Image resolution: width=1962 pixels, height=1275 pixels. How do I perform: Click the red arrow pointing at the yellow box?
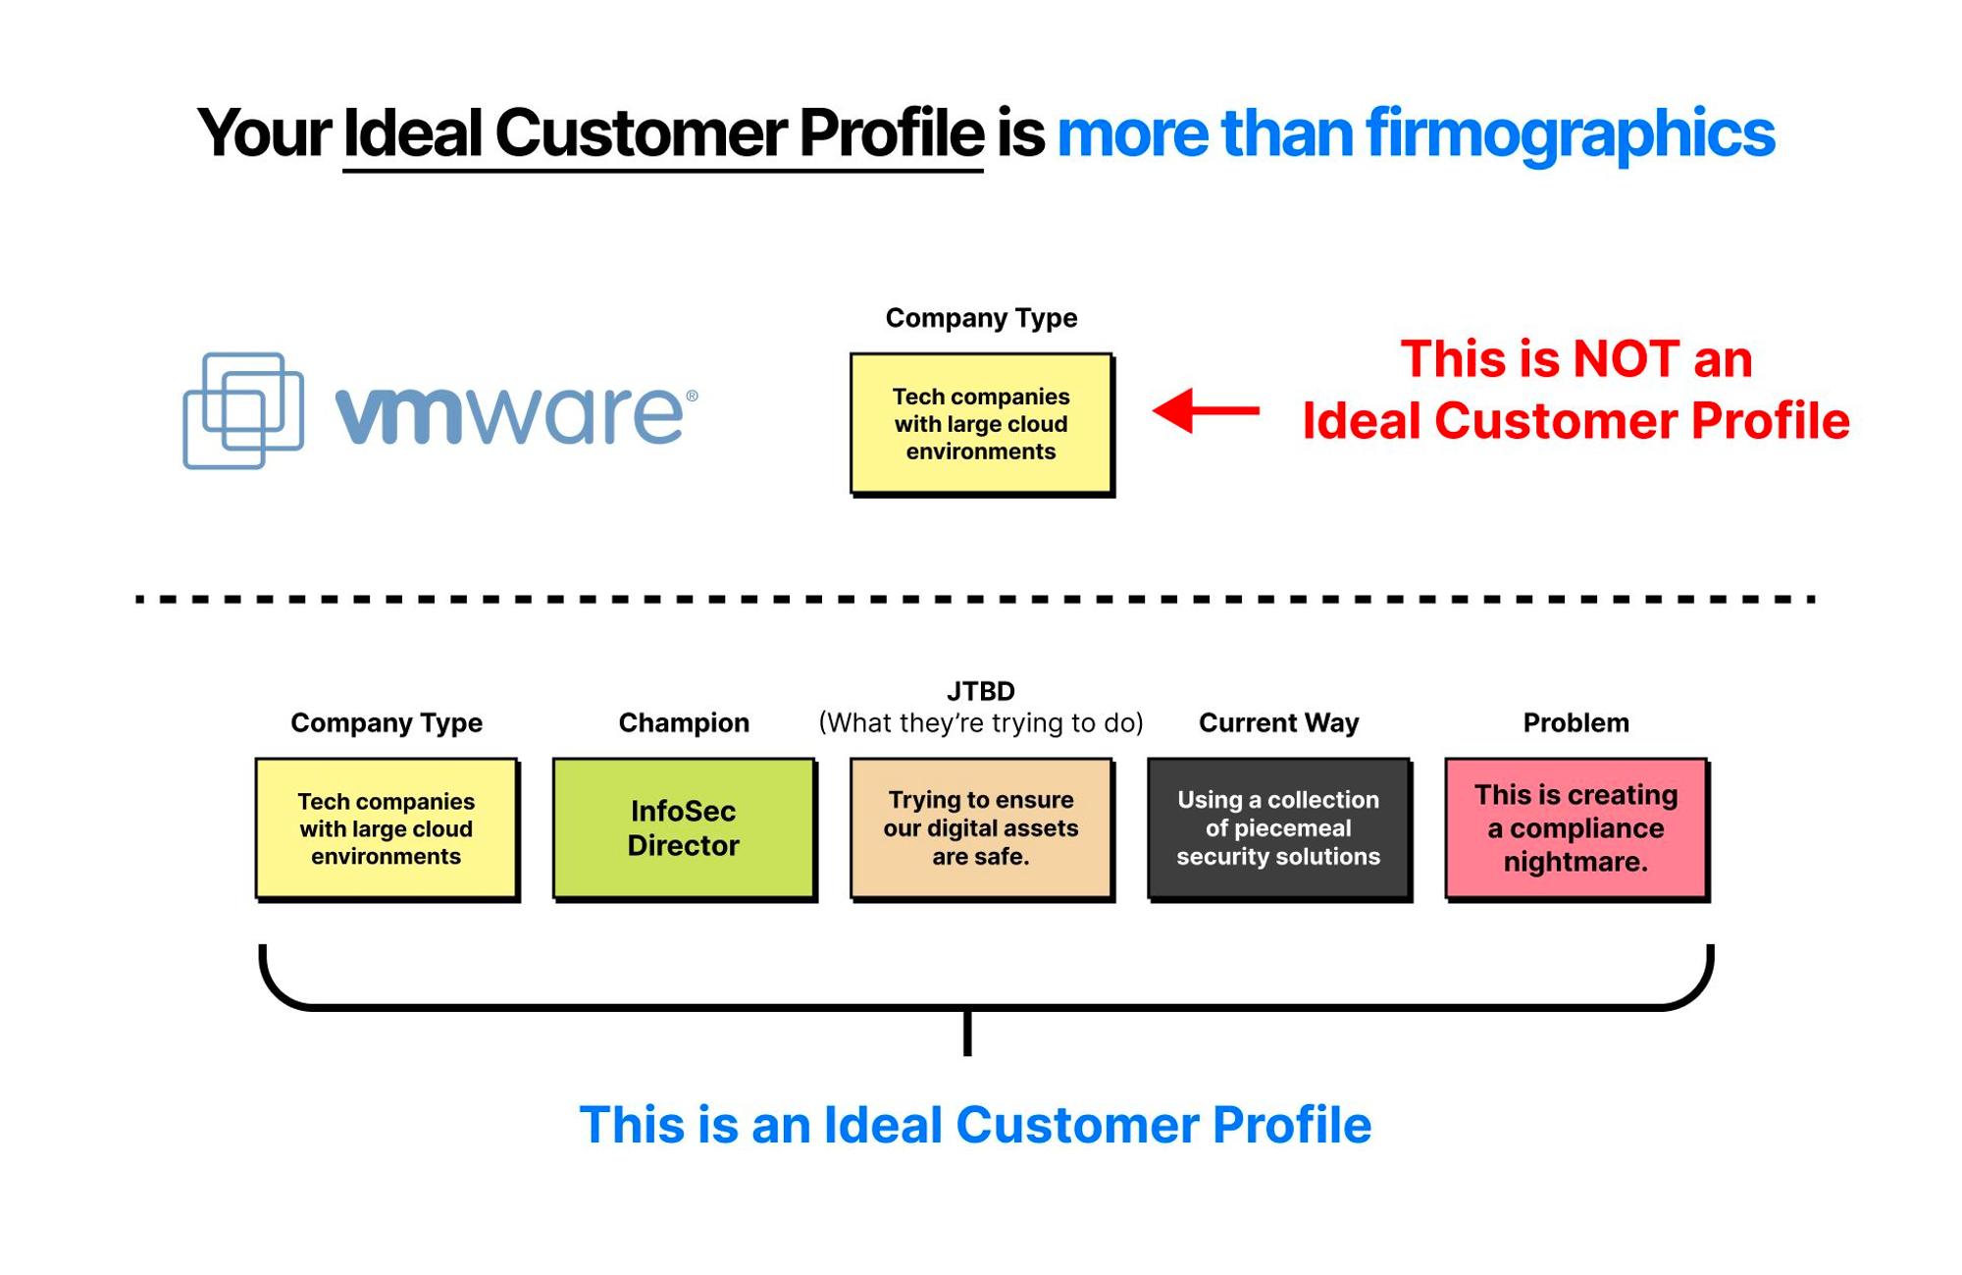(1206, 410)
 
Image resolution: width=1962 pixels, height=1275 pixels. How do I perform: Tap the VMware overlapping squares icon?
(243, 410)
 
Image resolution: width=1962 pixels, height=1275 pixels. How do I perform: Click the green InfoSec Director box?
(685, 828)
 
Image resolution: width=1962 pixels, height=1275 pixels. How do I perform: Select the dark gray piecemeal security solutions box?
(1279, 828)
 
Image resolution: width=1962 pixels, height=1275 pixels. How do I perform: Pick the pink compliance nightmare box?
(1576, 828)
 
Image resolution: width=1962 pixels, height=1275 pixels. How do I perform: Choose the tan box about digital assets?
(982, 828)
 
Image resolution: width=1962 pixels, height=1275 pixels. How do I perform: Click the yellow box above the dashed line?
(982, 424)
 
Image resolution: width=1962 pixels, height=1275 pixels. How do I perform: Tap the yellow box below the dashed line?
(387, 828)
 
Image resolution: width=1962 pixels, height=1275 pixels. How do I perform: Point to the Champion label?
(684, 723)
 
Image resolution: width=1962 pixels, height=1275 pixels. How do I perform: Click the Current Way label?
(1279, 723)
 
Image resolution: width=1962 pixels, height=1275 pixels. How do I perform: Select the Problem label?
(1576, 723)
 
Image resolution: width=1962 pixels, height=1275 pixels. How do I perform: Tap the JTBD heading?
(981, 691)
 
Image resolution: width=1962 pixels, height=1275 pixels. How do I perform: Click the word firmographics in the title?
(1571, 134)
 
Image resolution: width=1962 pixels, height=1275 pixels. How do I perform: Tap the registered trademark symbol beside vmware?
(693, 396)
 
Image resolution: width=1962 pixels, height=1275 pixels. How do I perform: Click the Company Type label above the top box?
(981, 318)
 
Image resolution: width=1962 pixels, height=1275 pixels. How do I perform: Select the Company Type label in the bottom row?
(387, 723)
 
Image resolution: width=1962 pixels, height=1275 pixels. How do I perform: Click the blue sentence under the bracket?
(975, 1125)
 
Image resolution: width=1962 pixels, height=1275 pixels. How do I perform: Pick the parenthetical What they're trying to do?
(981, 723)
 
